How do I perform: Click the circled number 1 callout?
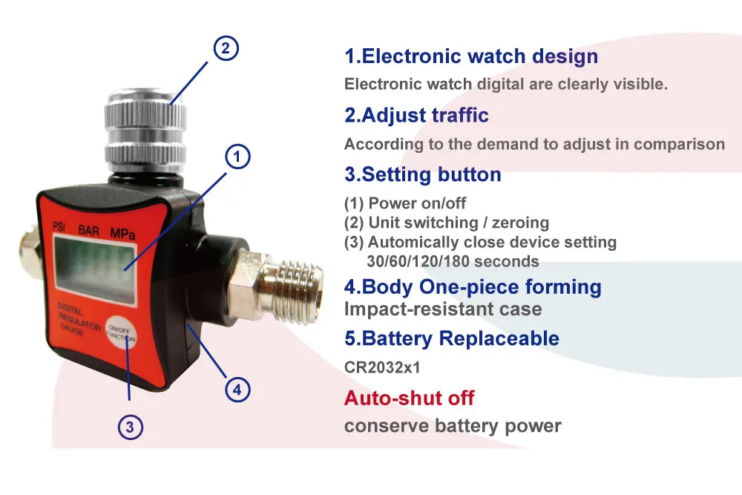(237, 157)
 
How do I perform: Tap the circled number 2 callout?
(226, 48)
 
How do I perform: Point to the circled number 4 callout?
(236, 388)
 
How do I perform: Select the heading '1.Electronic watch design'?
(471, 56)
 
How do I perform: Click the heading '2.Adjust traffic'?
(416, 115)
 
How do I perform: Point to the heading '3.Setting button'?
(423, 174)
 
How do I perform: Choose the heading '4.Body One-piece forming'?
(473, 286)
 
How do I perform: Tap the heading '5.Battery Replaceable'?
(451, 338)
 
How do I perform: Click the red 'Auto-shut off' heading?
(409, 398)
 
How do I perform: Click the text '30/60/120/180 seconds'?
(453, 261)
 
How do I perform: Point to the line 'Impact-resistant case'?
(443, 309)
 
